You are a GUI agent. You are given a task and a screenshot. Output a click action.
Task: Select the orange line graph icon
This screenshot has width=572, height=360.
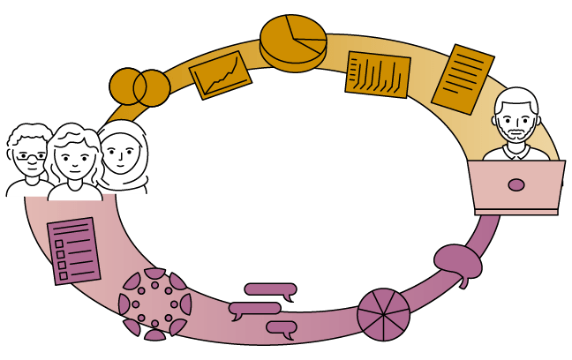point(221,75)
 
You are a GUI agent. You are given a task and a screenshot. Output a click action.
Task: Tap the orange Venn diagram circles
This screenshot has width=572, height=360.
point(139,86)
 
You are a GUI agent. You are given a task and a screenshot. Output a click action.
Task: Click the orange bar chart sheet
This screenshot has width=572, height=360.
point(378,74)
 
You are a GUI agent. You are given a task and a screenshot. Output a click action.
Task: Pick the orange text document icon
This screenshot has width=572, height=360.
point(463,78)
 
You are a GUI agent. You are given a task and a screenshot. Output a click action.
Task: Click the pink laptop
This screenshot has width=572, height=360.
point(516,187)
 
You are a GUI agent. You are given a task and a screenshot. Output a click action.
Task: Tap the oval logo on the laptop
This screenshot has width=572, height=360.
point(516,185)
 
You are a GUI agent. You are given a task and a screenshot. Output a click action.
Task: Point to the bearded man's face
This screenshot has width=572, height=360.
point(516,124)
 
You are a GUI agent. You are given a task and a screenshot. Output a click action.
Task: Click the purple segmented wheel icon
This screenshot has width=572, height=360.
point(383,313)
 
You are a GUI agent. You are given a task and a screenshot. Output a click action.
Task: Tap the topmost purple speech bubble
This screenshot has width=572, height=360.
point(269,289)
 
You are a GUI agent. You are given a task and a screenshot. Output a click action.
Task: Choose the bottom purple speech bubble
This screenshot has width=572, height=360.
point(282,329)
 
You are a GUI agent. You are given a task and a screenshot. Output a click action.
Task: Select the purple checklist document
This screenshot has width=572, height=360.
point(74,251)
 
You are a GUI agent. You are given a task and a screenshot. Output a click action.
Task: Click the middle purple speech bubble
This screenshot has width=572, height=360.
point(255,309)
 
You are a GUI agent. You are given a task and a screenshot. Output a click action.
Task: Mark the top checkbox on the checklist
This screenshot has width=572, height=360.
point(58,234)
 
